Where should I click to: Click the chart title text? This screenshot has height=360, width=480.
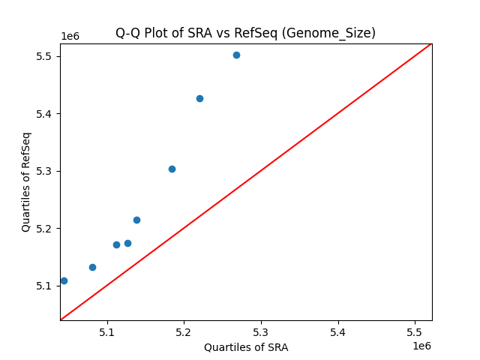pyautogui.click(x=245, y=33)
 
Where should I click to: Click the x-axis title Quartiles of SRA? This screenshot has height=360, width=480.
pyautogui.click(x=245, y=347)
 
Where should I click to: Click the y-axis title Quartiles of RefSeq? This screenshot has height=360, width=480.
pyautogui.click(x=26, y=181)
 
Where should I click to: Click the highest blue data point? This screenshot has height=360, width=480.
pyautogui.click(x=236, y=55)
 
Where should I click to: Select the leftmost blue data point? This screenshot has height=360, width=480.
pyautogui.click(x=64, y=280)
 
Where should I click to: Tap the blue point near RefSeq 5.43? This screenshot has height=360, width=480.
pyautogui.click(x=199, y=98)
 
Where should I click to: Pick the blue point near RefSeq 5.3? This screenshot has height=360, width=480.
pyautogui.click(x=172, y=169)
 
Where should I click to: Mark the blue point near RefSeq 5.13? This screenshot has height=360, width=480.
pyautogui.click(x=92, y=267)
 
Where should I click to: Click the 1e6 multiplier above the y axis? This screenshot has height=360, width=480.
pyautogui.click(x=70, y=37)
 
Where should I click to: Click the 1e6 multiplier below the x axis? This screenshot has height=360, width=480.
pyautogui.click(x=421, y=346)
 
